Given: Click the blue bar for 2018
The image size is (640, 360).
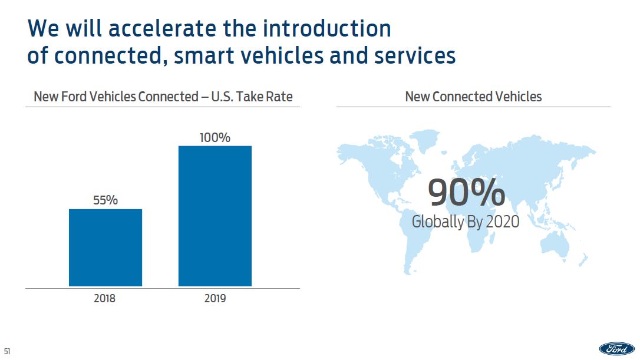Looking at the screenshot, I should pyautogui.click(x=105, y=247).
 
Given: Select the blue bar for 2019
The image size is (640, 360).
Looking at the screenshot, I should pyautogui.click(x=215, y=216).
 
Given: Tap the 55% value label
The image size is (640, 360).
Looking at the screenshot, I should pyautogui.click(x=105, y=200).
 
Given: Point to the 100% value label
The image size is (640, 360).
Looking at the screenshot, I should pyautogui.click(x=215, y=137).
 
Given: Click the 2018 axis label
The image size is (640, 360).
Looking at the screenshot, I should pyautogui.click(x=105, y=298).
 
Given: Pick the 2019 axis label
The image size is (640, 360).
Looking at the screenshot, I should pyautogui.click(x=215, y=298).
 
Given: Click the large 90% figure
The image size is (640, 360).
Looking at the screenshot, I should pyautogui.click(x=466, y=193).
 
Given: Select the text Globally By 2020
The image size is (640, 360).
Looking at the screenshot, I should pyautogui.click(x=466, y=222).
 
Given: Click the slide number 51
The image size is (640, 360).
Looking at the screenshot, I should pyautogui.click(x=8, y=352).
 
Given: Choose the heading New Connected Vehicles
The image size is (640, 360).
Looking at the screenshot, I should pyautogui.click(x=473, y=97).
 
